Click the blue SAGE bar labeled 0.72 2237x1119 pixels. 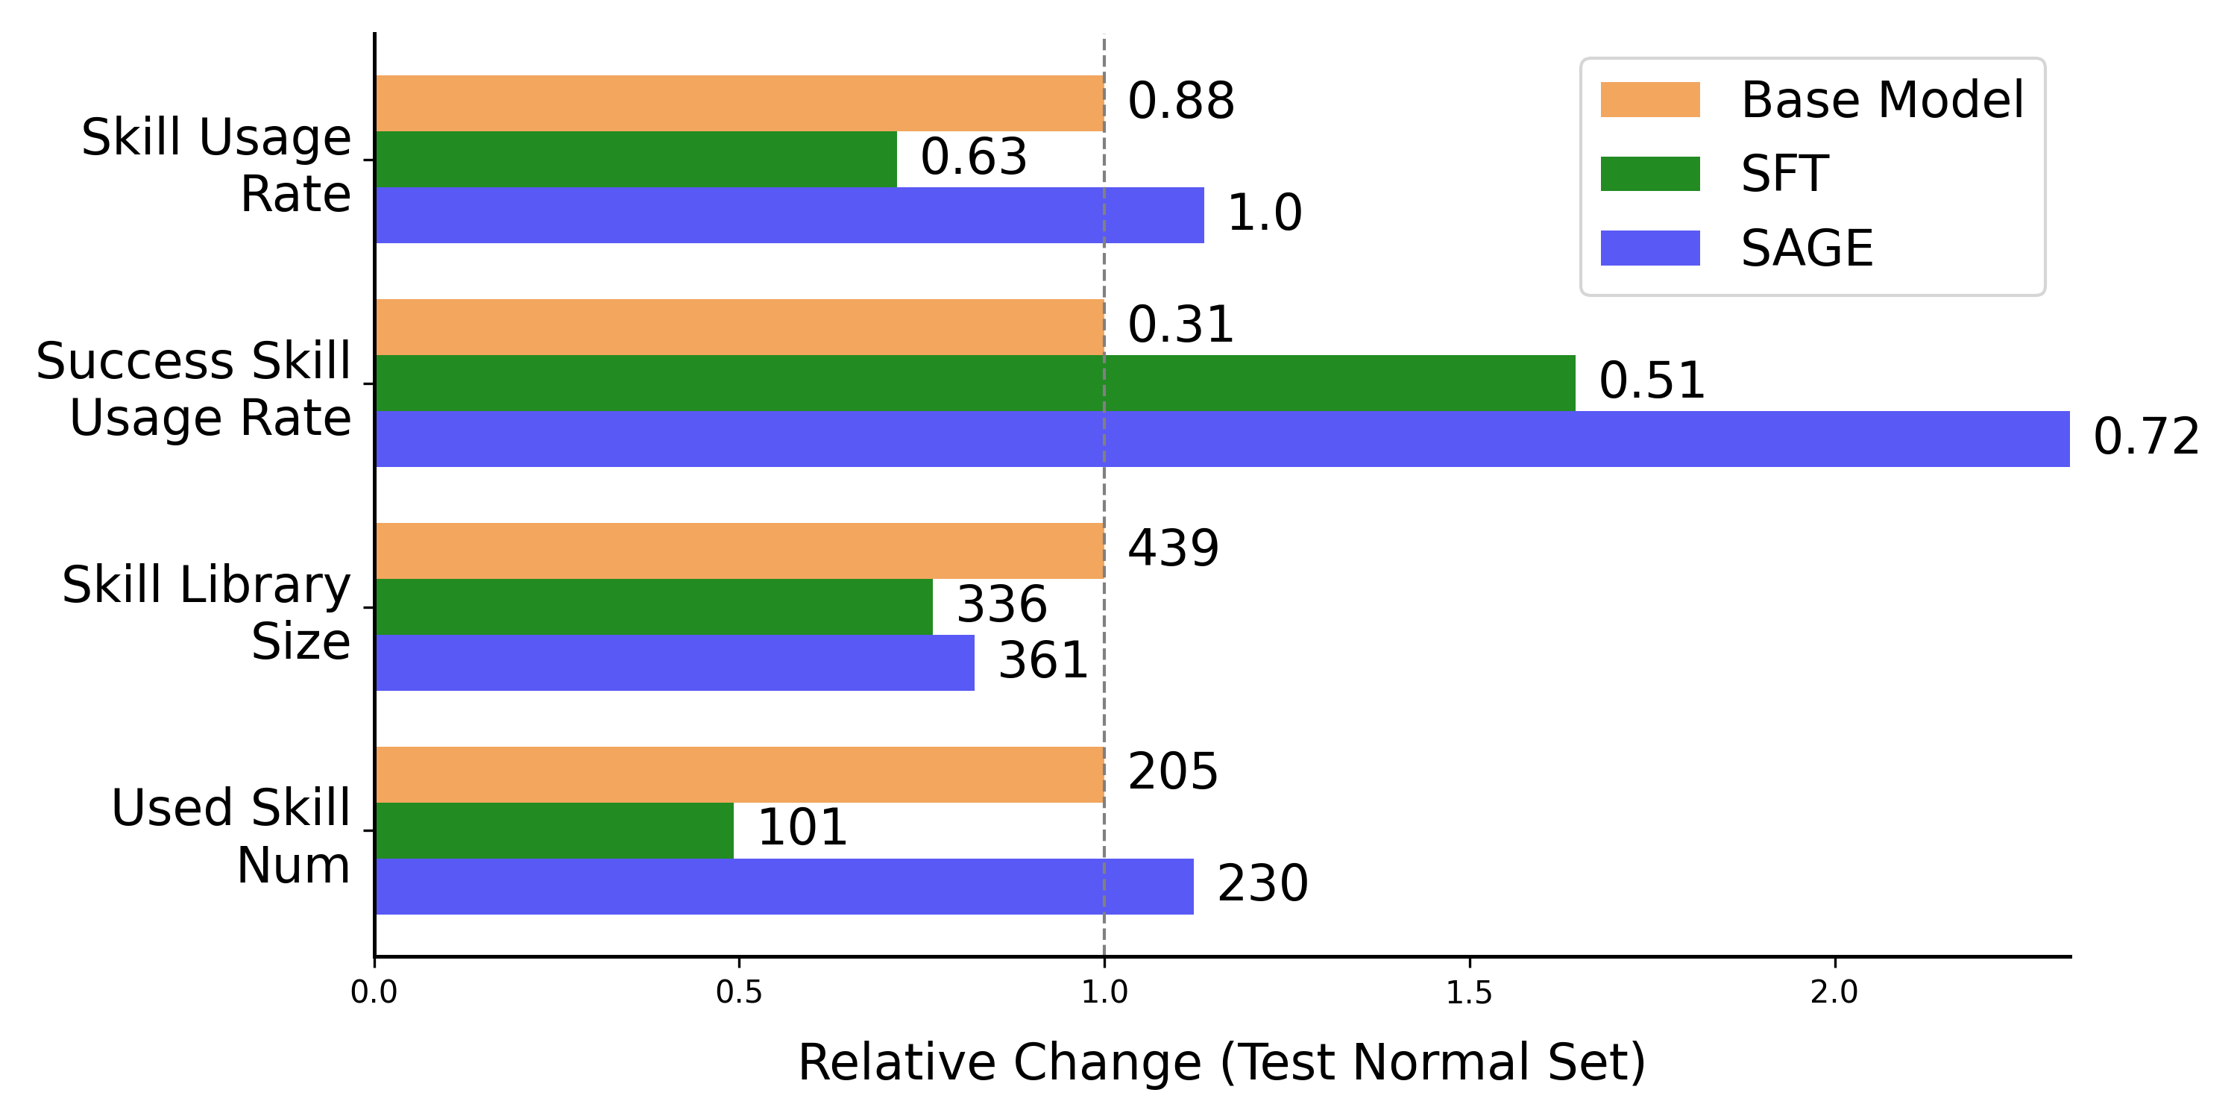[x=1222, y=439]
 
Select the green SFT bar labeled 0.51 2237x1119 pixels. [x=975, y=383]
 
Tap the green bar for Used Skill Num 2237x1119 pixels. [x=554, y=830]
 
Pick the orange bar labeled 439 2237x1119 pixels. [x=739, y=551]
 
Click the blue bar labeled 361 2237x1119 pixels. [x=675, y=663]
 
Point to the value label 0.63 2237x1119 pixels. [x=974, y=157]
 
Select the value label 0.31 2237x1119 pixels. [x=1180, y=325]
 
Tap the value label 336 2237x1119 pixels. [x=1001, y=605]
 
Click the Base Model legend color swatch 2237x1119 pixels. [x=1649, y=100]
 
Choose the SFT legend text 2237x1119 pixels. [x=1784, y=174]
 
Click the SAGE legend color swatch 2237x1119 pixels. [x=1649, y=248]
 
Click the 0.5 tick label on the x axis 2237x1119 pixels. [x=739, y=991]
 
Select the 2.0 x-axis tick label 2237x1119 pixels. [x=1834, y=991]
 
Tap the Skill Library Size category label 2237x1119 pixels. [x=206, y=612]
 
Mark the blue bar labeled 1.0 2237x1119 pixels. [x=790, y=215]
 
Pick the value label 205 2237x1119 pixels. [x=1172, y=771]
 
